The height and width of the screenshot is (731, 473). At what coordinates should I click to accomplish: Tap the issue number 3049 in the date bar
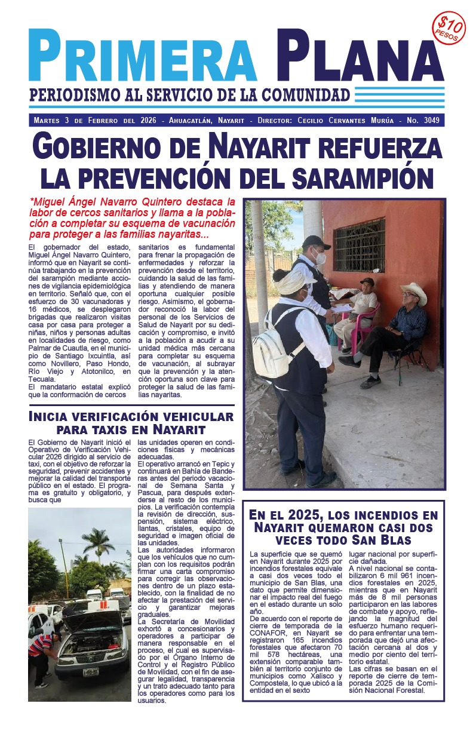point(429,120)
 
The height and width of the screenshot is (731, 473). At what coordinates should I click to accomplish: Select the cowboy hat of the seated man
point(413,293)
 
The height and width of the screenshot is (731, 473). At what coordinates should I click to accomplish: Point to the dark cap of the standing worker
point(315,242)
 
